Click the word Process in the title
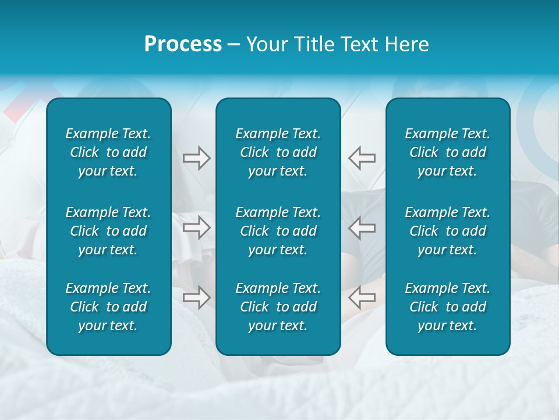[183, 44]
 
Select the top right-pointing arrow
[197, 157]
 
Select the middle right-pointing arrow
[197, 228]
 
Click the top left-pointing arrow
[362, 157]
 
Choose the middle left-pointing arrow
[362, 228]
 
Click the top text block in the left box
[108, 152]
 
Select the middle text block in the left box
[108, 231]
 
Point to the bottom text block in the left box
[108, 307]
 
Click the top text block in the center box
[278, 152]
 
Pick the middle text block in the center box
[278, 231]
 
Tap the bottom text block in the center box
[278, 307]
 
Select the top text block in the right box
[447, 152]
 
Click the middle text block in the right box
[447, 231]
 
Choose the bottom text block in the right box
[447, 307]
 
